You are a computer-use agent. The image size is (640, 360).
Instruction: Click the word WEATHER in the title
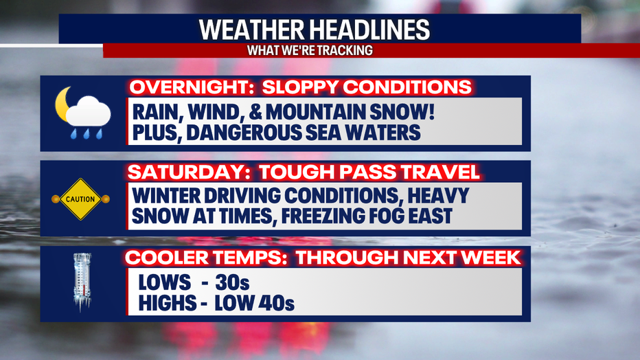251,30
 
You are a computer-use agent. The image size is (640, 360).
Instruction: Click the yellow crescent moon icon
63,104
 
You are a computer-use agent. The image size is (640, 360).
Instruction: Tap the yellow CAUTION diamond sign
80,199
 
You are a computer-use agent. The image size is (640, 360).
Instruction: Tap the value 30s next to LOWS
232,282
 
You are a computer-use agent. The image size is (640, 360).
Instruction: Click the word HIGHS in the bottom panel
168,303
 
